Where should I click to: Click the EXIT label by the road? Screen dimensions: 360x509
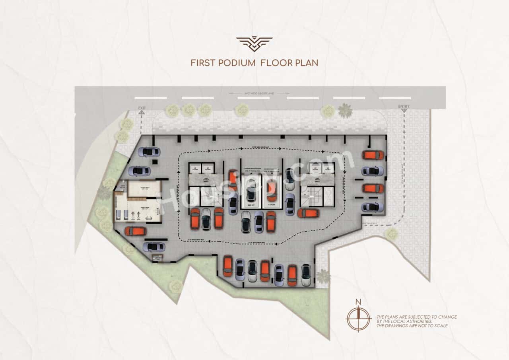click(x=142, y=108)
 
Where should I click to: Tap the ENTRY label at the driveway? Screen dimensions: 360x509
click(x=404, y=107)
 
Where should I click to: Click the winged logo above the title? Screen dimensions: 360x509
click(x=254, y=44)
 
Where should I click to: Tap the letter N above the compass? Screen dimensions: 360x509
click(x=358, y=302)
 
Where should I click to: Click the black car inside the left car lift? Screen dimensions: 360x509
click(x=251, y=193)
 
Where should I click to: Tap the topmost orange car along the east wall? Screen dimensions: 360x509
click(x=373, y=155)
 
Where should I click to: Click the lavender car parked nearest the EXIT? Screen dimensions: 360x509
click(x=149, y=152)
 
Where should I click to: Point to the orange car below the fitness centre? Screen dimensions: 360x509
click(x=136, y=231)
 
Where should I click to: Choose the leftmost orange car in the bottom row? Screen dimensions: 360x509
click(x=227, y=266)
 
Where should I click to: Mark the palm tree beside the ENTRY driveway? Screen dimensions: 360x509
click(x=345, y=111)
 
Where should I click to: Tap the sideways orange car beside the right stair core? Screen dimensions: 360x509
click(x=308, y=213)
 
